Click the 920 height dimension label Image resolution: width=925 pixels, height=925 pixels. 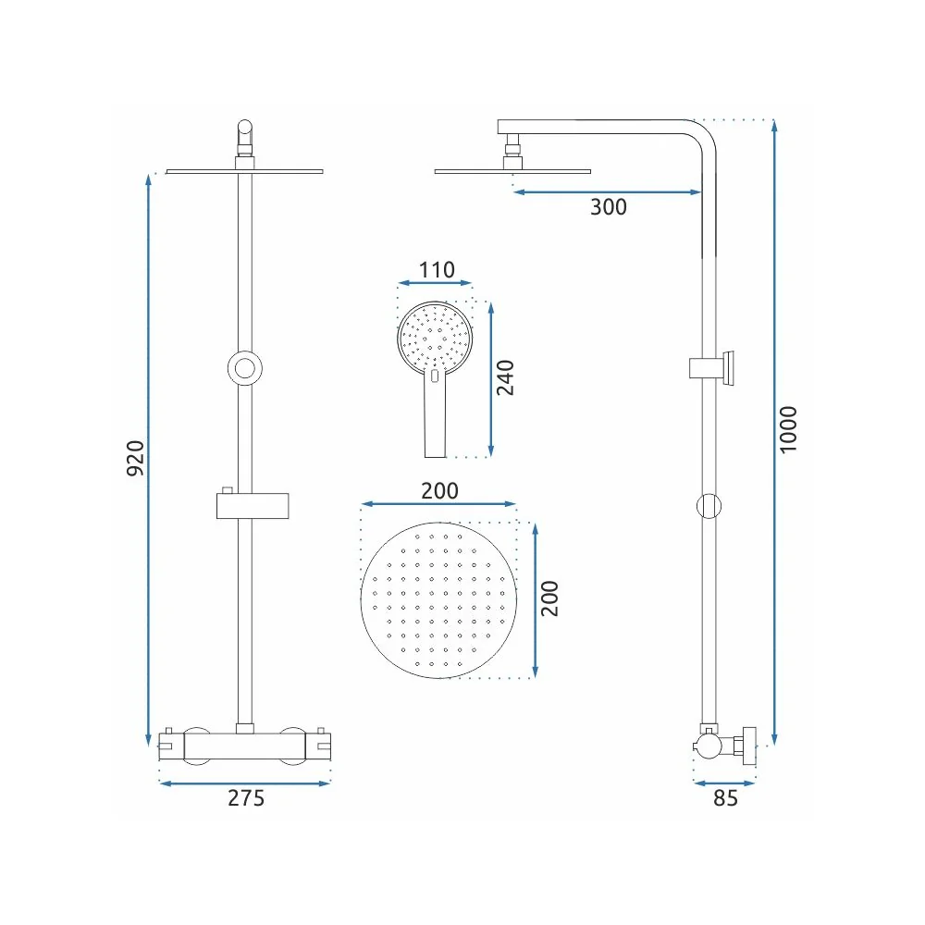pos(136,458)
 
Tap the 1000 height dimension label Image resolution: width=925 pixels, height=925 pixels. pos(788,429)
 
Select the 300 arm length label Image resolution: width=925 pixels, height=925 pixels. pos(609,207)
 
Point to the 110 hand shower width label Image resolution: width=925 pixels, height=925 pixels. pos(437,269)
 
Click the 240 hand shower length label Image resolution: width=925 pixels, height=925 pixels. pos(505,377)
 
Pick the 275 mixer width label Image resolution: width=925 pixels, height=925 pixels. pos(246,797)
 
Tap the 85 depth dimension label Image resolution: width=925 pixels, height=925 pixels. pos(725,797)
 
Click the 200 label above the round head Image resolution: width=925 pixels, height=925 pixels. pos(439,490)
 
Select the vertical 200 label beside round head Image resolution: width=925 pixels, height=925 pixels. pos(549,598)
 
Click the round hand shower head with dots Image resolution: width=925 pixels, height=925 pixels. pos(435,338)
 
